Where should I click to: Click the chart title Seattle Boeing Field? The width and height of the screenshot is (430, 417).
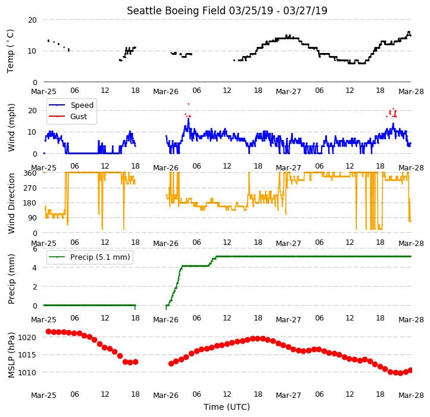176,11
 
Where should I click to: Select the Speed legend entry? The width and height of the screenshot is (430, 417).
71,105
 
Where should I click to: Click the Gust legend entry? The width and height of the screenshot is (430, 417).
68,116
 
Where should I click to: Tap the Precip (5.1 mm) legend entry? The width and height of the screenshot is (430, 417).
89,257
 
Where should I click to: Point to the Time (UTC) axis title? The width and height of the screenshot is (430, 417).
227,406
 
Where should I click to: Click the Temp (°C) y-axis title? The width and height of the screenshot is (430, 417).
10,51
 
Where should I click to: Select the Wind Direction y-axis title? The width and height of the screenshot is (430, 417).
11,203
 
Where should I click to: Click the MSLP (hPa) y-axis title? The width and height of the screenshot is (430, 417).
11,355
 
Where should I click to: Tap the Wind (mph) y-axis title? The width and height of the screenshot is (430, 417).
11,127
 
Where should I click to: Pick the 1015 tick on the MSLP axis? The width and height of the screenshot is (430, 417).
27,354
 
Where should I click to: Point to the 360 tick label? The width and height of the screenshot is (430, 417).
30,173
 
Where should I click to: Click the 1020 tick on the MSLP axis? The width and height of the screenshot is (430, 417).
27,337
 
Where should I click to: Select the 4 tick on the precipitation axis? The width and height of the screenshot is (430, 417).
35,267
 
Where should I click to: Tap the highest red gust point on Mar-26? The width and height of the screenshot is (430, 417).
188,104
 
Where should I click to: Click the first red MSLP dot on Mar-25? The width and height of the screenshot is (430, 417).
48,332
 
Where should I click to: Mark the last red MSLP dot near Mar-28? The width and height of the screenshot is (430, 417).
410,371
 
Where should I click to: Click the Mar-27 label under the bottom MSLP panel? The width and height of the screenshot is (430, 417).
288,396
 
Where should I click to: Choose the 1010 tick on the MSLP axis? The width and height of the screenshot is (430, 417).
27,372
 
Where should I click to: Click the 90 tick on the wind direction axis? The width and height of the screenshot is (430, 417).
32,218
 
